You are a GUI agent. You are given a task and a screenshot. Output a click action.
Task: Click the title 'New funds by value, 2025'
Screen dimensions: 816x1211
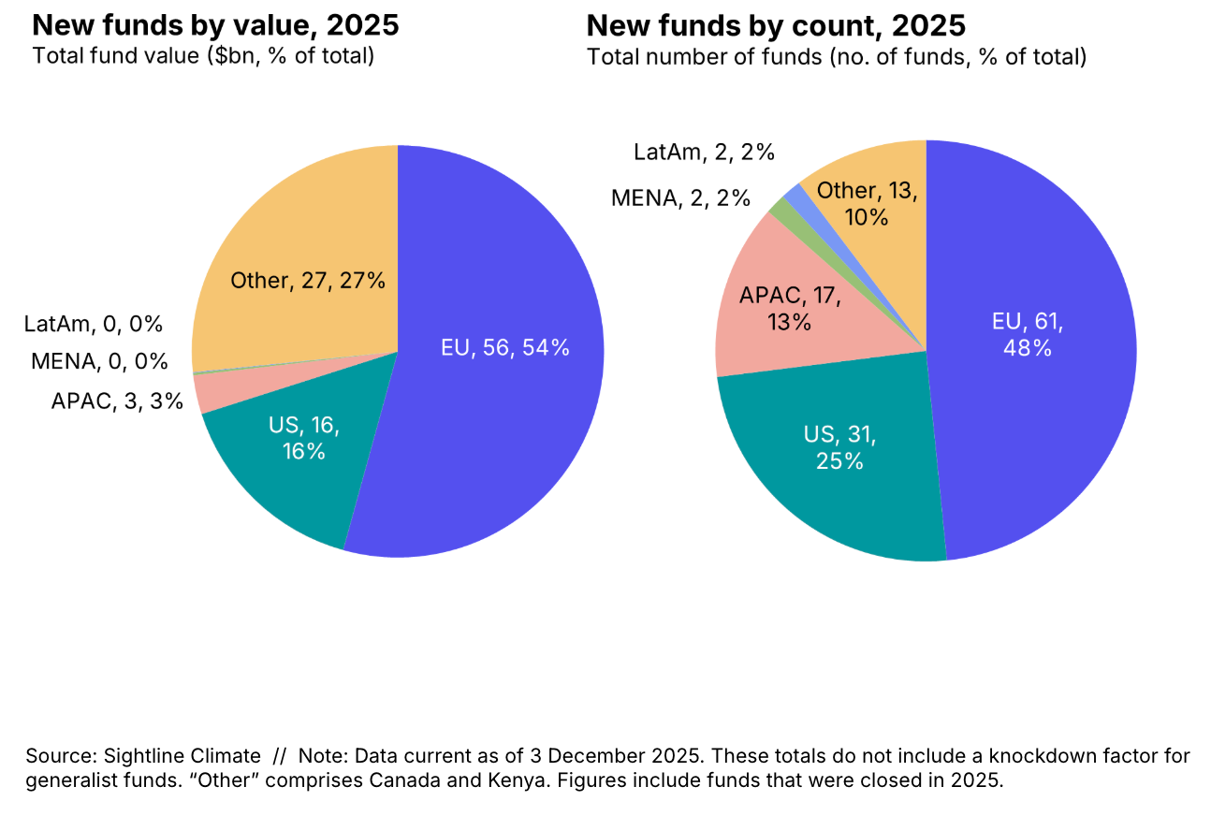(215, 25)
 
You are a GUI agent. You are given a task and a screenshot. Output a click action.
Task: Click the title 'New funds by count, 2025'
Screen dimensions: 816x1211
(776, 25)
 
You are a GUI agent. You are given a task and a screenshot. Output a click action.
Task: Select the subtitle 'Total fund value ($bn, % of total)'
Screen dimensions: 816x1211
(203, 55)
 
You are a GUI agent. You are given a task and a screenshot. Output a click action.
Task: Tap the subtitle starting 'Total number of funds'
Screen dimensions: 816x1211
(836, 57)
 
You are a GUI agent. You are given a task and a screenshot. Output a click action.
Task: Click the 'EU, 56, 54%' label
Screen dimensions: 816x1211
(504, 348)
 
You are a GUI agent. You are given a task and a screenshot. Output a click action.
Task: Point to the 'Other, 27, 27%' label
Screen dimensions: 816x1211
(308, 280)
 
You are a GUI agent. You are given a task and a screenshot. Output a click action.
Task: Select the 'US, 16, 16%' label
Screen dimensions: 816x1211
(304, 439)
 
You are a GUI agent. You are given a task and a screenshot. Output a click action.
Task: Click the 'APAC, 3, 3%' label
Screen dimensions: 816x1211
(117, 402)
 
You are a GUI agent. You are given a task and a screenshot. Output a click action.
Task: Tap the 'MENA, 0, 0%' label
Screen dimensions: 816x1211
(99, 361)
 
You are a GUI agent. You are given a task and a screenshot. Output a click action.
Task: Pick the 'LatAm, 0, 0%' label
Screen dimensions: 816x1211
(94, 325)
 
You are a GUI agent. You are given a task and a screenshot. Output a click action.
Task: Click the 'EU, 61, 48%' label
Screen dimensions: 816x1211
(1028, 335)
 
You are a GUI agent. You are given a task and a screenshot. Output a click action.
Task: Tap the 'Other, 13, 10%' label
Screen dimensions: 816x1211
(866, 204)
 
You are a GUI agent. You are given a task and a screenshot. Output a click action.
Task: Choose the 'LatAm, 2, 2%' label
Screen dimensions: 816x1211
(704, 153)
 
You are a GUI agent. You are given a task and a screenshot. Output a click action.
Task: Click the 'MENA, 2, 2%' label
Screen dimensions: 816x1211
(680, 197)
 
